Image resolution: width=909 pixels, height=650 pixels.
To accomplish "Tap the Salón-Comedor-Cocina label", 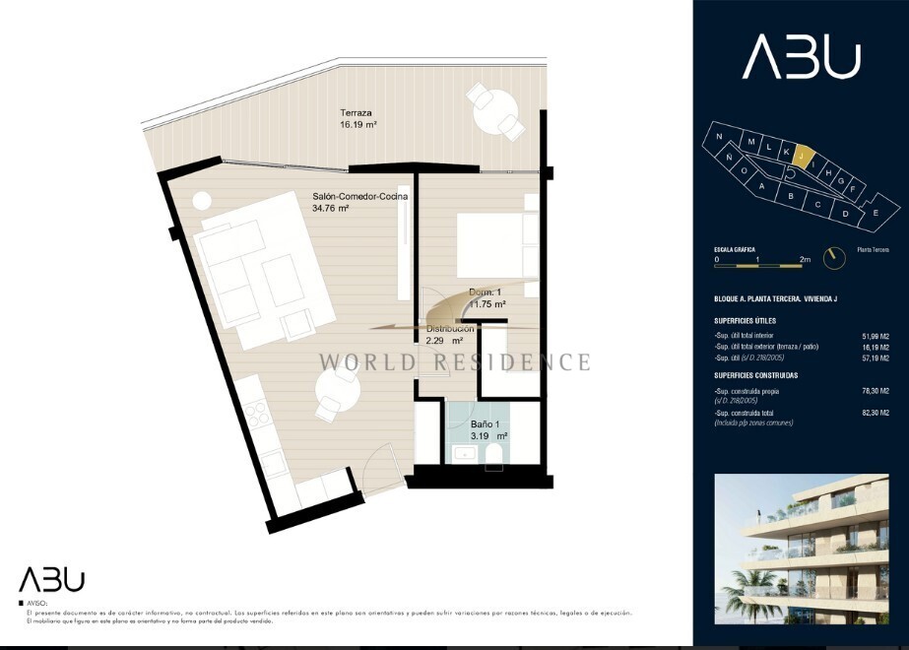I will (x=359, y=202).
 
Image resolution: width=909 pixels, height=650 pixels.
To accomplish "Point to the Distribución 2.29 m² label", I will (x=449, y=334).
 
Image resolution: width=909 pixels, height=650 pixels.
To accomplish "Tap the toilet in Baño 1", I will (x=495, y=452).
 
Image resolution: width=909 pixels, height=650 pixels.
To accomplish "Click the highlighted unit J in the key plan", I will (x=803, y=157).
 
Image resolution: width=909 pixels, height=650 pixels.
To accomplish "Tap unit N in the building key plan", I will (x=720, y=137).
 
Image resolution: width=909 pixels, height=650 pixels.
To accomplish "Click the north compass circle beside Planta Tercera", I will (x=836, y=257).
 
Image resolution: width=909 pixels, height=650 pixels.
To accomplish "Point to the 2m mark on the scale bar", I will (x=805, y=260).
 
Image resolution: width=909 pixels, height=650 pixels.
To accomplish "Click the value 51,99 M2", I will (x=875, y=335).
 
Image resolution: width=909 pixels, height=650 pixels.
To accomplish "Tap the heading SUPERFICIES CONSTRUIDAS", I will (x=756, y=375).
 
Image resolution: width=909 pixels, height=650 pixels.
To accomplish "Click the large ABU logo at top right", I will (x=802, y=57).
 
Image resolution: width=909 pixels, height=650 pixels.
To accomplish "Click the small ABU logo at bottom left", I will (x=52, y=580).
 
